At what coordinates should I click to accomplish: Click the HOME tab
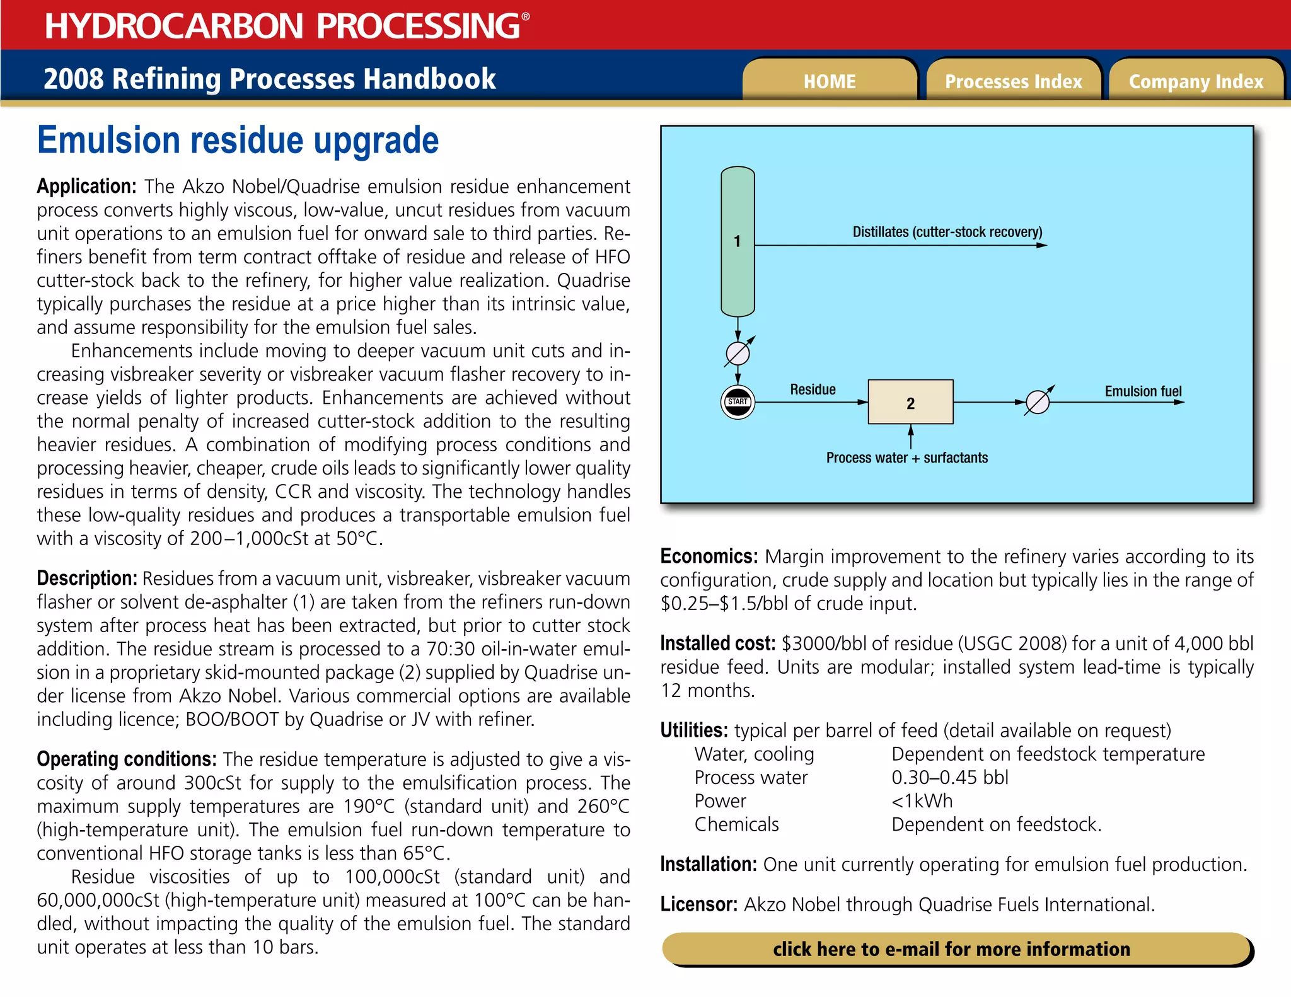[x=829, y=81]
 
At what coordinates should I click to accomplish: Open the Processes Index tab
[x=1013, y=81]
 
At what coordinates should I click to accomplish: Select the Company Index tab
[x=1196, y=81]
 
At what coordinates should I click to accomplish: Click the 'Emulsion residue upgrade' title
[x=238, y=140]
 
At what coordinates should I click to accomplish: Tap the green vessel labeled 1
[x=738, y=241]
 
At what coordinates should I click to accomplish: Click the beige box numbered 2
[x=910, y=403]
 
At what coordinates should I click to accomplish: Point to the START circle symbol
[x=738, y=402]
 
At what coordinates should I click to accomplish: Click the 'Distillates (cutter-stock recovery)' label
[x=947, y=232]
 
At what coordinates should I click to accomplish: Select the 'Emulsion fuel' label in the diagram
[x=1143, y=391]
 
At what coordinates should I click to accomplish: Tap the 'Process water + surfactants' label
[x=906, y=458]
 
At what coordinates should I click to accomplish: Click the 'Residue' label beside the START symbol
[x=813, y=389]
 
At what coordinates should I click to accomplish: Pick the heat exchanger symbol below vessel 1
[x=738, y=354]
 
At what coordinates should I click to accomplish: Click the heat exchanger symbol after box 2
[x=1038, y=402]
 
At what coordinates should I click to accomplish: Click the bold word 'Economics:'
[x=709, y=556]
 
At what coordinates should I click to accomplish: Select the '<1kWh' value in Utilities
[x=922, y=801]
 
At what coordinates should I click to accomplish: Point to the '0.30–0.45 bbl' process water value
[x=949, y=778]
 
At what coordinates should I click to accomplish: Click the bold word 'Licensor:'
[x=698, y=904]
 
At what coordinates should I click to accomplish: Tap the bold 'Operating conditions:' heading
[x=126, y=759]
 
